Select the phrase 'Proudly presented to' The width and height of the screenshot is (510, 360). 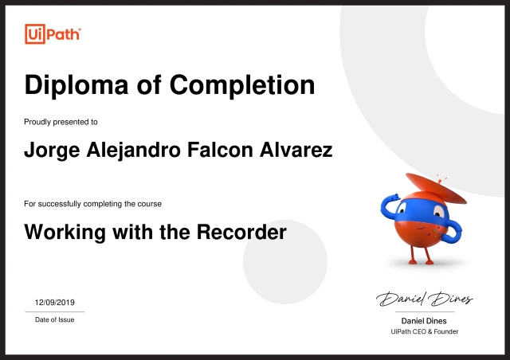(61, 122)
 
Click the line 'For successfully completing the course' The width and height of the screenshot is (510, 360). (93, 205)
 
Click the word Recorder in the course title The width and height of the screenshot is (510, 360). (242, 233)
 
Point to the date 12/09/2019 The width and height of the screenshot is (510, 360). (54, 303)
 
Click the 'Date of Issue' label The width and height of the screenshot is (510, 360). (54, 319)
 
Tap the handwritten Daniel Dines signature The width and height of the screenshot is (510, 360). (425, 299)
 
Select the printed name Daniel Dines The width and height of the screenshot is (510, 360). (424, 321)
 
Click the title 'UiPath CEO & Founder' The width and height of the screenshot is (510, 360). (425, 331)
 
